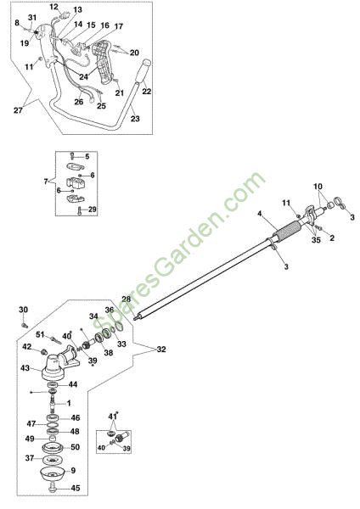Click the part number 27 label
[18, 110]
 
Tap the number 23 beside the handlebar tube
[135, 119]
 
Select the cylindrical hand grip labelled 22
[143, 70]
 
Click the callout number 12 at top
[54, 7]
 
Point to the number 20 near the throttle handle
[134, 53]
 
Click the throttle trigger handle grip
[104, 62]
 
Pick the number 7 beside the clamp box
[46, 182]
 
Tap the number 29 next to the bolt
[93, 210]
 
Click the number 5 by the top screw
[87, 156]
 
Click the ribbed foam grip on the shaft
[287, 232]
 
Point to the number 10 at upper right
[318, 187]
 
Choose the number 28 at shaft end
[126, 299]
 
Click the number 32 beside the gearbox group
[161, 350]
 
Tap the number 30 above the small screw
[24, 310]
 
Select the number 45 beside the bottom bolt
[75, 488]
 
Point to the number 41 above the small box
[112, 417]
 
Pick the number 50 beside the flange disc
[75, 447]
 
